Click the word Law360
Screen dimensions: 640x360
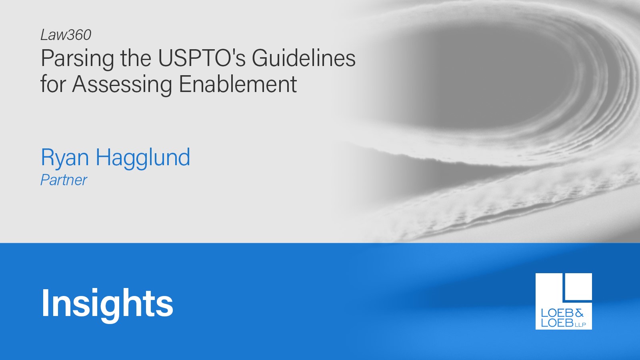66,35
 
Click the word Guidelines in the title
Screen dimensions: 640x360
304,58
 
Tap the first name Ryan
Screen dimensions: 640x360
65,158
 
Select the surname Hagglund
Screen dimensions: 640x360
142,158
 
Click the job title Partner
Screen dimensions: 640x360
64,180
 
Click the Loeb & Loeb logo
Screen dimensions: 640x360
564,301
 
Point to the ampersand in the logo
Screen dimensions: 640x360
578,313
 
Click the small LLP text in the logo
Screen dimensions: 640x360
580,324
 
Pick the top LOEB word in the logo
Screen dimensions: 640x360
557,313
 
